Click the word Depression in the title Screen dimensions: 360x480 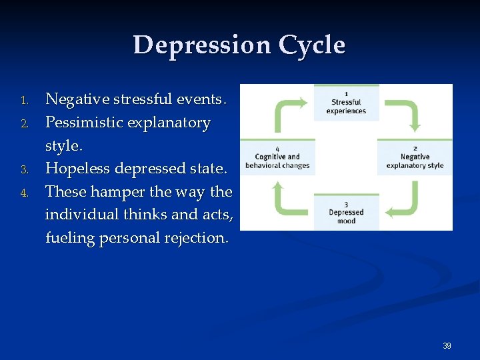[x=202, y=45]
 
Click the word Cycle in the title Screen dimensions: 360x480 [x=312, y=45]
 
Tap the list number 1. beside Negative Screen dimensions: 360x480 [x=23, y=101]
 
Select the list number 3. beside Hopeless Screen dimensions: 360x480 [x=23, y=170]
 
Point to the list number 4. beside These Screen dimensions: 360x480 [x=23, y=193]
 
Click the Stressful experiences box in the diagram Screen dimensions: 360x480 [x=346, y=103]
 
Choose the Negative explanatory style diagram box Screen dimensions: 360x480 [x=415, y=157]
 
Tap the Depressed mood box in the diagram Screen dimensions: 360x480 [x=346, y=213]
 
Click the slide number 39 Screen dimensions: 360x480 [x=447, y=346]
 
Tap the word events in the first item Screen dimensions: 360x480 [x=202, y=100]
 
